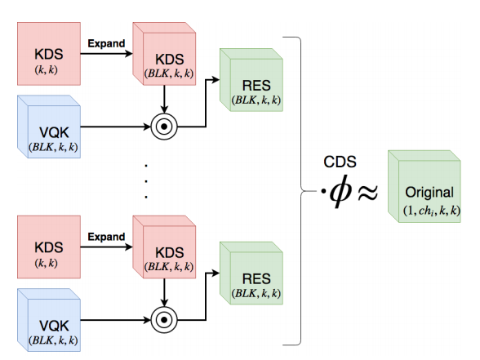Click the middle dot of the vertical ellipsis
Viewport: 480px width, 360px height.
(145, 181)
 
